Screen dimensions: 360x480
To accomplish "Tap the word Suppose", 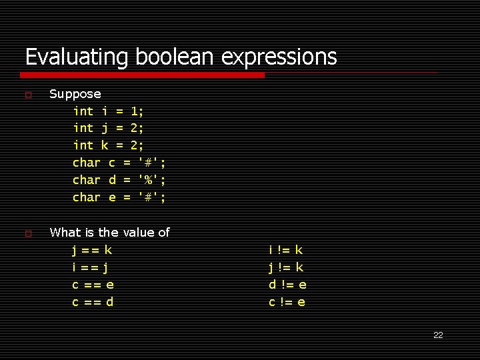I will click(x=75, y=94).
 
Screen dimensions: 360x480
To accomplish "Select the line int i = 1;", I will click(x=108, y=111).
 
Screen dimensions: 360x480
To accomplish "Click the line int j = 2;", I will click(x=108, y=128).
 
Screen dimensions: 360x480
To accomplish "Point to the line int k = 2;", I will click(x=108, y=145).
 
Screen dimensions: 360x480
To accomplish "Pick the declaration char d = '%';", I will click(x=119, y=180).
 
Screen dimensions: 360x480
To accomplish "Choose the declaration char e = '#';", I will click(x=119, y=197).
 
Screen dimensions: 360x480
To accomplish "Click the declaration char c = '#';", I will click(x=119, y=163).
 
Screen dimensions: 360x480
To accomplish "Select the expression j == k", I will click(x=92, y=251).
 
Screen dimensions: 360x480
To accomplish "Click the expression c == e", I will click(x=93, y=285).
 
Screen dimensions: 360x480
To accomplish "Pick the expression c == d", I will click(x=93, y=303).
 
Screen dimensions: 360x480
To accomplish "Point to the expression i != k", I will click(x=286, y=251).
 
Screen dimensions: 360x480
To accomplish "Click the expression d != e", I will click(x=288, y=285).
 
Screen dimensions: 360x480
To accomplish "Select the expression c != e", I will click(x=287, y=303).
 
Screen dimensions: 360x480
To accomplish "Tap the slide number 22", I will click(x=438, y=335).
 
